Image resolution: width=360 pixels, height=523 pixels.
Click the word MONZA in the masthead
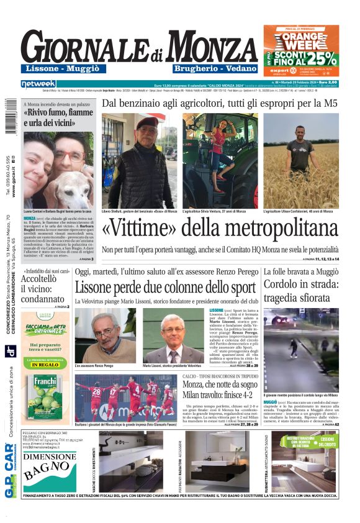tap(212, 47)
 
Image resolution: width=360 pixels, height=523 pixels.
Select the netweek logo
tap(38, 84)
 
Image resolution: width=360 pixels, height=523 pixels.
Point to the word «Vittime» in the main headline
tap(147, 229)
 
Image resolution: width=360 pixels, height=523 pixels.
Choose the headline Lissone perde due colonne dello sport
tap(165, 288)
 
